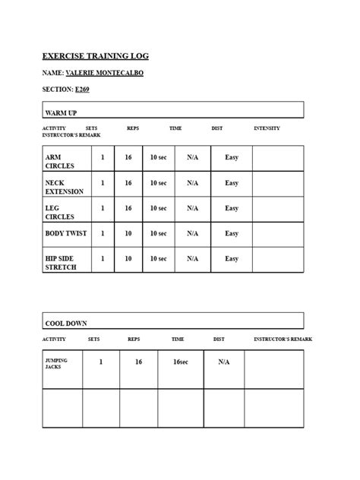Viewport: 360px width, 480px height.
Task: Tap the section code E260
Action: [x=83, y=90]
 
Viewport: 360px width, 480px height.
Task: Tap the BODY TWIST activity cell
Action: [x=66, y=233]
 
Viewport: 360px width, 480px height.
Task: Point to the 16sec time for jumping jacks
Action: [x=180, y=362]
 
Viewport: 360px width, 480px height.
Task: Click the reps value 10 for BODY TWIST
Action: [x=128, y=233]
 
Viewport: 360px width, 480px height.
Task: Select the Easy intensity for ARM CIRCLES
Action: [x=232, y=157]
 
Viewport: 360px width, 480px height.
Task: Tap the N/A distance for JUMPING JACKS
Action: [x=224, y=362]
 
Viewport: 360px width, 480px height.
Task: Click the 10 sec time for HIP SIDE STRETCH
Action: [x=158, y=258]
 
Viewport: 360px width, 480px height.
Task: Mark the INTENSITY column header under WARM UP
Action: [x=267, y=128]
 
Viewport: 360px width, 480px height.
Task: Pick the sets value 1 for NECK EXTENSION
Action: [x=103, y=183]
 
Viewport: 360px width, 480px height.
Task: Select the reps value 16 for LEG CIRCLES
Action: [x=128, y=208]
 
